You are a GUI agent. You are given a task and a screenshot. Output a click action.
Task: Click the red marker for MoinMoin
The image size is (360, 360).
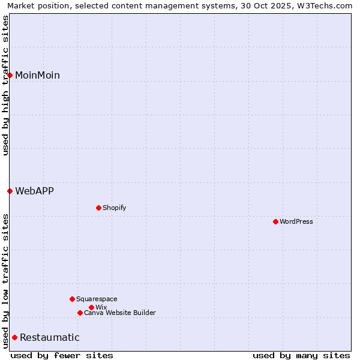point(10,75)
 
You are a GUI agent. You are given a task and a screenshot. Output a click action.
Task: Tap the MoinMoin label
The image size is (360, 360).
point(37,75)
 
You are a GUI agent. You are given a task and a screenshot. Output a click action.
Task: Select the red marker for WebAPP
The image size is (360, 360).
point(10,191)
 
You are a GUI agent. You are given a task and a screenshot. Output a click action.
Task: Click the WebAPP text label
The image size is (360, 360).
point(34,191)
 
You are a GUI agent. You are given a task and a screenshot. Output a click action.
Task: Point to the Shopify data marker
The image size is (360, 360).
point(98,208)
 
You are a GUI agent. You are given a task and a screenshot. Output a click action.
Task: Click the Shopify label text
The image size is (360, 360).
point(114,208)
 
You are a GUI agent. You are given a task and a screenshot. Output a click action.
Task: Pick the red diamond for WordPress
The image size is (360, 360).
point(275,221)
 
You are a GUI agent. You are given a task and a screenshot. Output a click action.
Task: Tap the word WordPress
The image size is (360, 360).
point(296,221)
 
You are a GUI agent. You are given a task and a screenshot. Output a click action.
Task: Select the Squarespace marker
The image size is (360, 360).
point(72,299)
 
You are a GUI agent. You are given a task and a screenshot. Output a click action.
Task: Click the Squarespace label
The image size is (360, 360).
point(97,299)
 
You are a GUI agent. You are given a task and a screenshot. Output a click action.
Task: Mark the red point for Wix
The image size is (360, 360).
point(91,307)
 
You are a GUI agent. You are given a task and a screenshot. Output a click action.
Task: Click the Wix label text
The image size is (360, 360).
point(101,307)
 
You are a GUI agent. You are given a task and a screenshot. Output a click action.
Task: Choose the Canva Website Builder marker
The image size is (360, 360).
point(80,313)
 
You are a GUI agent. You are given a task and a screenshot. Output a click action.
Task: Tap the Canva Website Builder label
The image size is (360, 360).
point(120,313)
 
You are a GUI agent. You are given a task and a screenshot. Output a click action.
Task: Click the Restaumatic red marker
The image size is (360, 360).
point(14,337)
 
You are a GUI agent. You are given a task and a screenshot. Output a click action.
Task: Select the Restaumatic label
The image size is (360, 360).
point(49,337)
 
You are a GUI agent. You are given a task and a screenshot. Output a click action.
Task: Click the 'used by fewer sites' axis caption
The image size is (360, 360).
point(62,355)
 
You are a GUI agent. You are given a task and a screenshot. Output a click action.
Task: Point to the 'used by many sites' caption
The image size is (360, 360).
point(301,355)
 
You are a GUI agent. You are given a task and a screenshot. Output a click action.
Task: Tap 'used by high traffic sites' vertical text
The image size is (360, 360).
point(5,85)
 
